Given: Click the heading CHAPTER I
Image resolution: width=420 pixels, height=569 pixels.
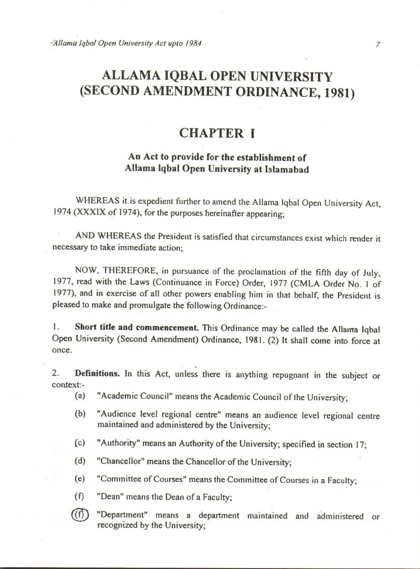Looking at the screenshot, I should tap(217, 133).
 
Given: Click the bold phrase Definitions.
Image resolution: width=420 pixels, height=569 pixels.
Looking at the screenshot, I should tap(97, 374).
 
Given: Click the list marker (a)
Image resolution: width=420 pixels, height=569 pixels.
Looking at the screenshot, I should tap(80, 396).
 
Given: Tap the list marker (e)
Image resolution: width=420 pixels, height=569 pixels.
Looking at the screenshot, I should tap(80, 479).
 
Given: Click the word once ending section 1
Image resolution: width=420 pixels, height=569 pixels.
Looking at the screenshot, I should tap(62, 350).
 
